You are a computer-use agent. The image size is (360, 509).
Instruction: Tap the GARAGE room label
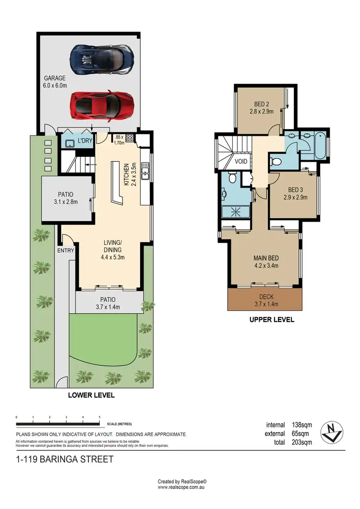click(x=55, y=78)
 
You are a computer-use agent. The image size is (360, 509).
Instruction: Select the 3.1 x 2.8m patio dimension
click(x=65, y=201)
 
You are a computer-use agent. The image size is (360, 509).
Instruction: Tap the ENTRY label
click(x=66, y=250)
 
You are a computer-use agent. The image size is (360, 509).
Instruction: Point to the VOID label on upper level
click(x=241, y=162)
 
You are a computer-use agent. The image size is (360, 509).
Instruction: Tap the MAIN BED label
click(x=266, y=259)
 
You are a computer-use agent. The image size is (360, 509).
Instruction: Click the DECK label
click(x=266, y=297)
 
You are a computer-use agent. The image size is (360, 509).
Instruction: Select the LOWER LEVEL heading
click(x=92, y=396)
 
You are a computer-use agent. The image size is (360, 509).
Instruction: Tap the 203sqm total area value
click(x=302, y=442)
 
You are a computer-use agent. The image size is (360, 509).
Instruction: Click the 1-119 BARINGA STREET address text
click(x=65, y=459)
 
